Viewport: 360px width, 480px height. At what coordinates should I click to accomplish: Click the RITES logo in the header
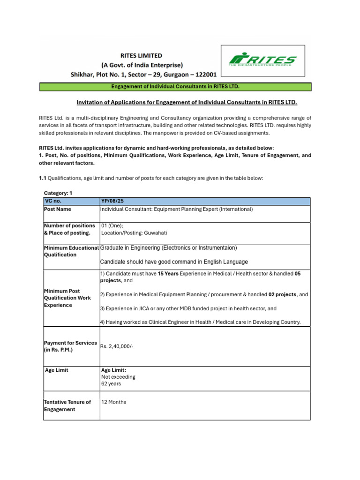(262, 61)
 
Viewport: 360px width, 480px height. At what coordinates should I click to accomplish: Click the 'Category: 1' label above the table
(58, 193)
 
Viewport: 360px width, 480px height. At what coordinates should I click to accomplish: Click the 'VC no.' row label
(53, 201)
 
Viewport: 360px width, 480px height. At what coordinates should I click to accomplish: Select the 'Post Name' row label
(58, 209)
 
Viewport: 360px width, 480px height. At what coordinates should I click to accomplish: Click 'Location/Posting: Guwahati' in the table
(134, 233)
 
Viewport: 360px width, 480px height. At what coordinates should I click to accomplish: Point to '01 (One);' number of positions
(112, 225)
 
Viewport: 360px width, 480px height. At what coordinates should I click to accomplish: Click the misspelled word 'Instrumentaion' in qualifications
(216, 247)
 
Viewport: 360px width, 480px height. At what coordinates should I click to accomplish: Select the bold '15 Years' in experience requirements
(168, 273)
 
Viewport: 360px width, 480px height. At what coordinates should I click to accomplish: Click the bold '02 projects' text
(283, 294)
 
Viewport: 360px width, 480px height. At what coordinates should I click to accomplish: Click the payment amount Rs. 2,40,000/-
(113, 346)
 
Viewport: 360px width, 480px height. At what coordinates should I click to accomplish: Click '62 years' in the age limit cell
(111, 383)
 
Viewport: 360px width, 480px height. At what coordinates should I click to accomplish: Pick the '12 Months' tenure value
(113, 402)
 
